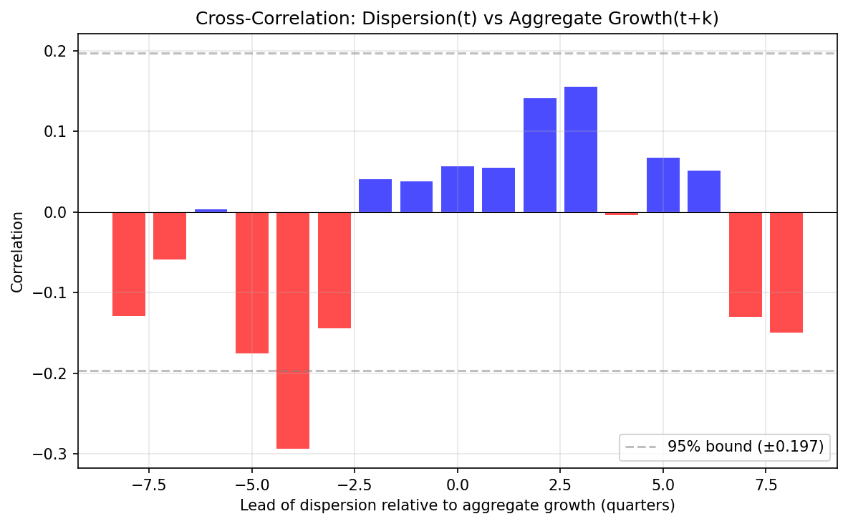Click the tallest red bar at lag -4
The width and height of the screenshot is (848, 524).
click(293, 330)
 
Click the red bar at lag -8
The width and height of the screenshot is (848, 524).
click(129, 264)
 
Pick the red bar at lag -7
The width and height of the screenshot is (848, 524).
click(170, 236)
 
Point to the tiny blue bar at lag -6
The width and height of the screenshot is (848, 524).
click(211, 211)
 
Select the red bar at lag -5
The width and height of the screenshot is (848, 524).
click(252, 282)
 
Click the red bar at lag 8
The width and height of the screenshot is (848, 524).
click(786, 272)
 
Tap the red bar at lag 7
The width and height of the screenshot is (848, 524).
click(746, 265)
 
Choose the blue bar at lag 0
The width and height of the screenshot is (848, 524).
click(458, 189)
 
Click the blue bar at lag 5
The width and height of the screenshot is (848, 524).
click(663, 185)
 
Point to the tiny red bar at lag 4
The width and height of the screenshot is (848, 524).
click(622, 214)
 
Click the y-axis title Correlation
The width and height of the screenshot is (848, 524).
click(16, 252)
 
